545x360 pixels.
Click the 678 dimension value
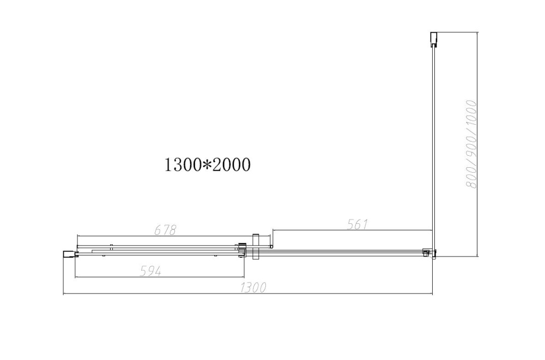click(166, 230)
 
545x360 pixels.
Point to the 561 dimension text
click(358, 224)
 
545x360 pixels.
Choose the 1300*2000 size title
click(208, 164)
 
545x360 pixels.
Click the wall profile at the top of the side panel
click(433, 39)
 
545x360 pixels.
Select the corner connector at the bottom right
click(430, 253)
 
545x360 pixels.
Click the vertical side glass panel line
click(433, 147)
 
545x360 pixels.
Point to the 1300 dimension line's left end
click(64, 295)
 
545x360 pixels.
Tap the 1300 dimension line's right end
click(432, 295)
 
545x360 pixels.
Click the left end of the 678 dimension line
click(77, 236)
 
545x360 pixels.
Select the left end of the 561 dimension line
click(272, 230)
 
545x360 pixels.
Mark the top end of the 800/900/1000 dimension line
click(478, 33)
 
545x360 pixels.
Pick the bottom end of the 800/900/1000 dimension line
click(478, 256)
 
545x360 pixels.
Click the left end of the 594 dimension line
click(75, 277)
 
